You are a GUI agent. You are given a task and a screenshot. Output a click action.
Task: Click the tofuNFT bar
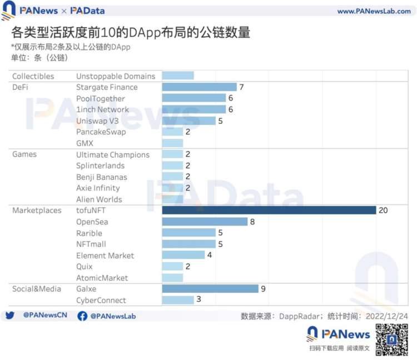click(x=269, y=210)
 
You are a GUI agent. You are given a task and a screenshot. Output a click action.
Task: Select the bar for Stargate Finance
click(x=199, y=87)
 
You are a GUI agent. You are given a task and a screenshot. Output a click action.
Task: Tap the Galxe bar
click(x=210, y=289)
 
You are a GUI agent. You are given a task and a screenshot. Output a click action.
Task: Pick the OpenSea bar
click(x=204, y=222)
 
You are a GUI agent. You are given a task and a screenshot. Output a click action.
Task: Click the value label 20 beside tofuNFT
click(x=383, y=210)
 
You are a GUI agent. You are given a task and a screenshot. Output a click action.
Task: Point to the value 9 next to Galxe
click(x=264, y=289)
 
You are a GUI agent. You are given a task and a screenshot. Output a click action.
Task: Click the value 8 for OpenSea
click(x=252, y=222)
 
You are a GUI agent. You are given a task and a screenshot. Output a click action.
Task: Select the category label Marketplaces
click(x=37, y=211)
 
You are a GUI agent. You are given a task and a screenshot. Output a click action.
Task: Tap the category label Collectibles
click(x=33, y=76)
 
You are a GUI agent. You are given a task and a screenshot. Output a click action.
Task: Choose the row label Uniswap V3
click(x=97, y=121)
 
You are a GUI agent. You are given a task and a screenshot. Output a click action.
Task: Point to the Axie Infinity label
click(x=98, y=188)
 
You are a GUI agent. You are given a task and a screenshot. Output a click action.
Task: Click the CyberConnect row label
click(x=101, y=300)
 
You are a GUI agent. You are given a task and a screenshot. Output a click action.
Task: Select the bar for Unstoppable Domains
click(x=177, y=76)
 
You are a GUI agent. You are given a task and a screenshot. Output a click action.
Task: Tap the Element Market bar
click(x=183, y=256)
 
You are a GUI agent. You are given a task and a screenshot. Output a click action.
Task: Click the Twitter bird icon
click(x=9, y=316)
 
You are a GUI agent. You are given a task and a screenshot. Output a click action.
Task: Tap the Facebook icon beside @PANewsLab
click(x=82, y=316)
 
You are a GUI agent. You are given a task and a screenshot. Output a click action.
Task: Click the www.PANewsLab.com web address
click(x=374, y=11)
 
